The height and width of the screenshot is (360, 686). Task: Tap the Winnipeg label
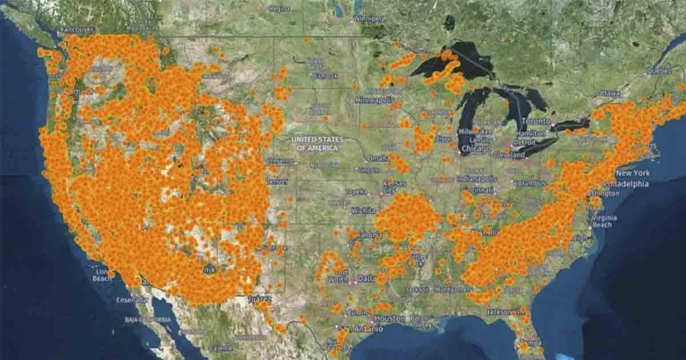369,18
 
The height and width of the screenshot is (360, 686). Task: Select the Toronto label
536,121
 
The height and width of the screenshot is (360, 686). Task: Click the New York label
633,173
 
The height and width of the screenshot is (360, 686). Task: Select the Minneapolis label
374,100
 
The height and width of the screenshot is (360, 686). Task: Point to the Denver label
277,181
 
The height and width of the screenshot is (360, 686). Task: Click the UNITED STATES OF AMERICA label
317,143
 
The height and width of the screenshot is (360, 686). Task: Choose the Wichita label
364,210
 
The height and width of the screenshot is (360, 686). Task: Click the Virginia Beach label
604,221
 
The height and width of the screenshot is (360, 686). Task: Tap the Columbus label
530,183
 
